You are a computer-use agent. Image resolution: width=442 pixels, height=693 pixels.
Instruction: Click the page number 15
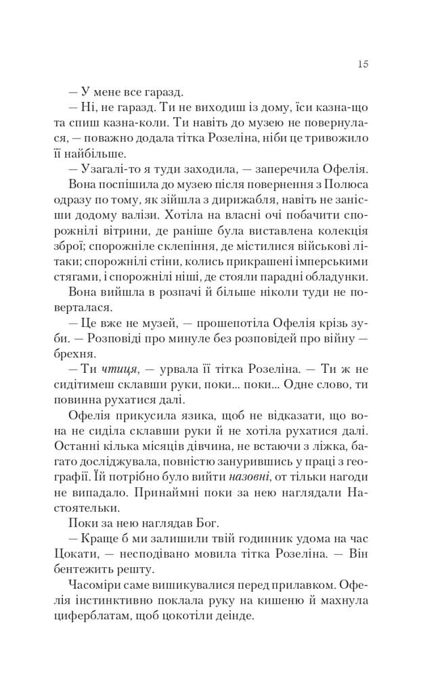click(362, 64)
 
